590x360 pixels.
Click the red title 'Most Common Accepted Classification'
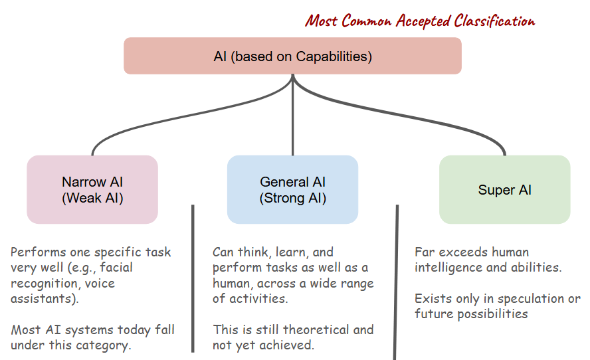[420, 21]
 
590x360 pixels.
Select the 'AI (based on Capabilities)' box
[292, 56]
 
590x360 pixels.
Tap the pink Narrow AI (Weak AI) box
[92, 190]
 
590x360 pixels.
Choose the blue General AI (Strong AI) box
[292, 190]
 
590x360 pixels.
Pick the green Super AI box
[505, 190]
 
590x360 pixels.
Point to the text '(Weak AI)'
[92, 198]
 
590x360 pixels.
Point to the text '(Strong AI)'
[292, 198]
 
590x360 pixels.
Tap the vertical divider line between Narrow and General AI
[193, 279]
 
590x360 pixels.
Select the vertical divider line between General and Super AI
[397, 279]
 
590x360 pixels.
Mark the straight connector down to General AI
[292, 120]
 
